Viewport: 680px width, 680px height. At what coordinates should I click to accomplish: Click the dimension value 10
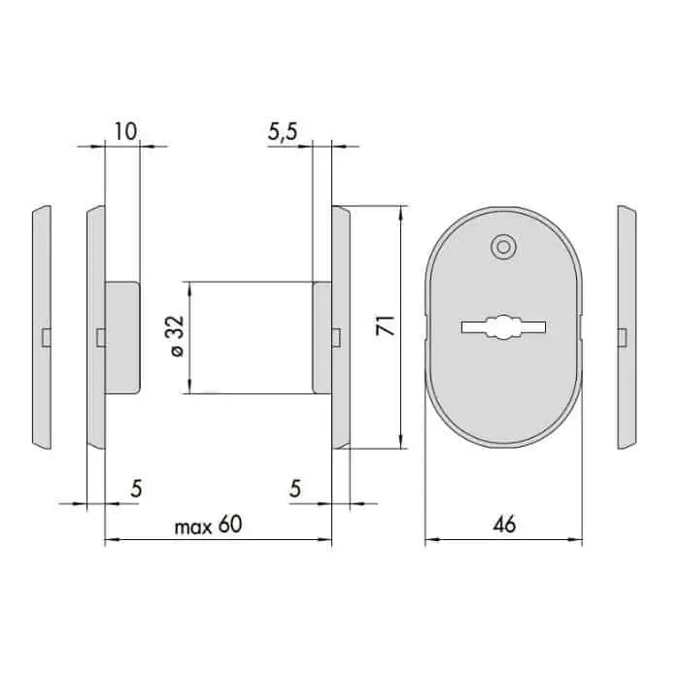click(125, 131)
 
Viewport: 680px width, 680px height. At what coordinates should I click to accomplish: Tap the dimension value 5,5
click(283, 131)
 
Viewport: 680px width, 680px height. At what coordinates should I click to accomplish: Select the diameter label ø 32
click(178, 336)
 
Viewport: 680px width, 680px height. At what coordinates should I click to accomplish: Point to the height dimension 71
click(386, 325)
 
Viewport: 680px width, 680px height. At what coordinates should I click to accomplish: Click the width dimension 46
click(504, 525)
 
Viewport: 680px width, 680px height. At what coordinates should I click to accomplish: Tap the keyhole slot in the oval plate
click(503, 327)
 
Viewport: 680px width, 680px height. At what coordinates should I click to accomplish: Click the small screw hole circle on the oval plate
click(503, 247)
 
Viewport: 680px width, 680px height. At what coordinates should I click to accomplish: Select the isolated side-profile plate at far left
click(42, 327)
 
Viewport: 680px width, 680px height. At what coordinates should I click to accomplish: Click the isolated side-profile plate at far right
click(627, 327)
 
